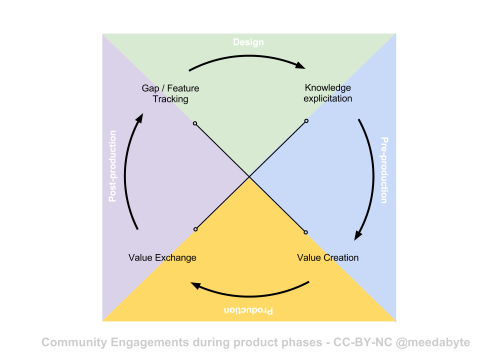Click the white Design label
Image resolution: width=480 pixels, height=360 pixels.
(248, 42)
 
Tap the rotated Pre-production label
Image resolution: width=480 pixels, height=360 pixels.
(383, 170)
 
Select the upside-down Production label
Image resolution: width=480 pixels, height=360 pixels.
(248, 310)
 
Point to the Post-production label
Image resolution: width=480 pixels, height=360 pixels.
(112, 166)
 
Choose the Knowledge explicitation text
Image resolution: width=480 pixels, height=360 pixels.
(328, 93)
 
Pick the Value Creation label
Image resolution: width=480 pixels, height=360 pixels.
(328, 257)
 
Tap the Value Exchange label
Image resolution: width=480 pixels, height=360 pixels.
(162, 257)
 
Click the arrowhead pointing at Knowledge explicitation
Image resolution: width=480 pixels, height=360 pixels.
(300, 65)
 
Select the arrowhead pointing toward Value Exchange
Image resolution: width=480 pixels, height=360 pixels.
(196, 285)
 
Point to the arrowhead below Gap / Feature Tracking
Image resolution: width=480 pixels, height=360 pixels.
(140, 118)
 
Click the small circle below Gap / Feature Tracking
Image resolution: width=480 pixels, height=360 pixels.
(195, 123)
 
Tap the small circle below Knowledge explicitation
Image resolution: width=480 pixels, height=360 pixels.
(306, 120)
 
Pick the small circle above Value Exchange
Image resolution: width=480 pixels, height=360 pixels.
(195, 229)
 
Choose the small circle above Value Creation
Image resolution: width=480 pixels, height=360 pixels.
(305, 232)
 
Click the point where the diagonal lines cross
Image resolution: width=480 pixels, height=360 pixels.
(249, 176)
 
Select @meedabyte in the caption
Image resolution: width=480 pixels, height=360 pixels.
(432, 342)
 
